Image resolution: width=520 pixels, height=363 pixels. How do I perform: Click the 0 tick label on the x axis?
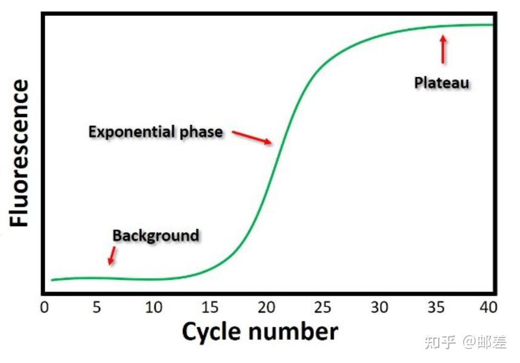44,307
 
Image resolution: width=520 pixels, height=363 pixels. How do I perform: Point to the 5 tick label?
98,307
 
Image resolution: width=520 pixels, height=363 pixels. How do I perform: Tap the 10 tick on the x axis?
154,307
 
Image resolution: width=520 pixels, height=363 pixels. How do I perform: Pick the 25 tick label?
323,307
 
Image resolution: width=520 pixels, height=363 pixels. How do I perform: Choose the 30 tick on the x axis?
379,307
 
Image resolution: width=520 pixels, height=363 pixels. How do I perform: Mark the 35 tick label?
436,307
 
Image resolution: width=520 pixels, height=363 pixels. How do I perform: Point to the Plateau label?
442,82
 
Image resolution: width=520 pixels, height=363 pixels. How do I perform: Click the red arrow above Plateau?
443,49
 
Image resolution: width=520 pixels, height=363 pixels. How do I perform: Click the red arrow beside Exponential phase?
252,137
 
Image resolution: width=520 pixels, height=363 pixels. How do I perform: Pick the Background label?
156,235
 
